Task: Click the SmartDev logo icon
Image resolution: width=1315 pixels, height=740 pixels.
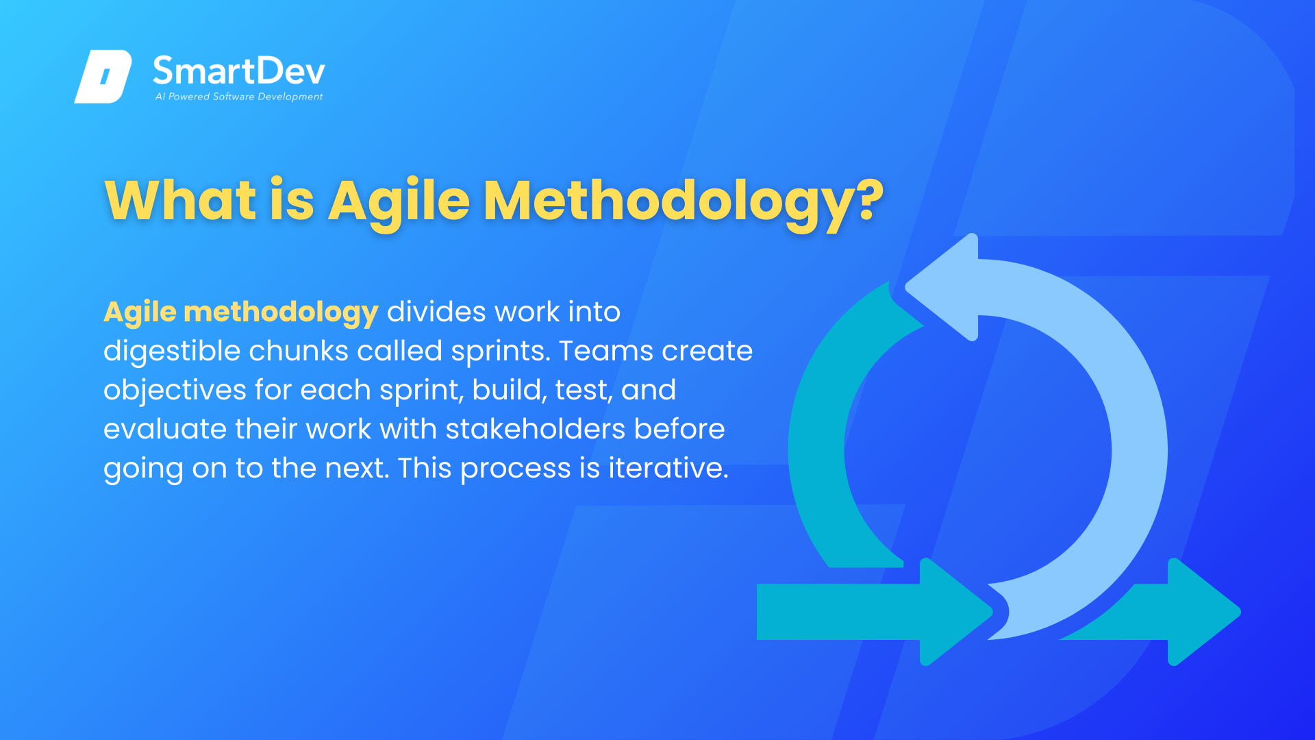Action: click(x=103, y=76)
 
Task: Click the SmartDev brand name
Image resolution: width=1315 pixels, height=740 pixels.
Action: click(x=238, y=71)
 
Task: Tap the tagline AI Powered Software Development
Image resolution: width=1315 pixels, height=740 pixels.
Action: click(x=239, y=97)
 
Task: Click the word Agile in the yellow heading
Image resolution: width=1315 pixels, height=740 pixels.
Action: click(x=399, y=201)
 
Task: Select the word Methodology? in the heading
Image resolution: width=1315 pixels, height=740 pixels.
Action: click(x=684, y=201)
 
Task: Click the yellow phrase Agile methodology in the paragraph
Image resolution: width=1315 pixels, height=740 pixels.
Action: click(x=241, y=312)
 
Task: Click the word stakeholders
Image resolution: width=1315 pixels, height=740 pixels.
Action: click(x=536, y=429)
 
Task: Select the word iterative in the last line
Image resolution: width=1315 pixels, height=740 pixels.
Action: click(x=668, y=468)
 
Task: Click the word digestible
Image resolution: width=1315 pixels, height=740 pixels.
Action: click(x=172, y=351)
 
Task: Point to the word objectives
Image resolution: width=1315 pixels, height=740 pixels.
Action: click(x=175, y=391)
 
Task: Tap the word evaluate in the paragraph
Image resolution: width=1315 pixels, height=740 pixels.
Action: click(x=165, y=430)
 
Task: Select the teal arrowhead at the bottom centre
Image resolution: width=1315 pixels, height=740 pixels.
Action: click(x=957, y=612)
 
